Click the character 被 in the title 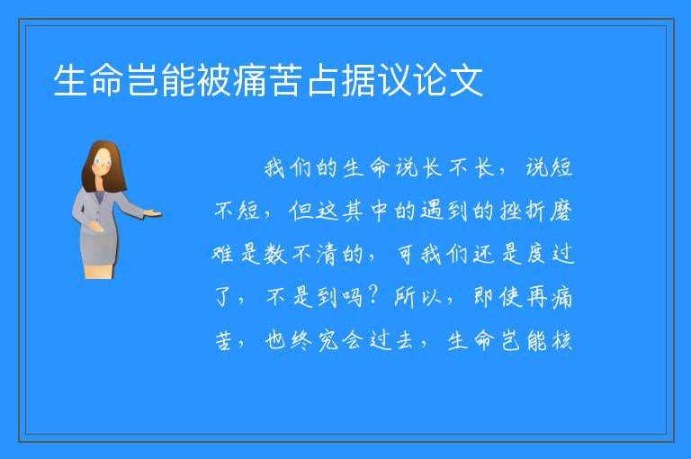[214, 80]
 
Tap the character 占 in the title [323, 80]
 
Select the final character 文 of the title [466, 80]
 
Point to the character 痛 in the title [250, 80]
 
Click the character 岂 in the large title [142, 80]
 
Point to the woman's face [103, 162]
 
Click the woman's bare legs [99, 271]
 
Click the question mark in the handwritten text [372, 296]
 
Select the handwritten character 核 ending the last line [561, 340]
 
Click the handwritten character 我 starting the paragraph [275, 168]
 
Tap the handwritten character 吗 [352, 297]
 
